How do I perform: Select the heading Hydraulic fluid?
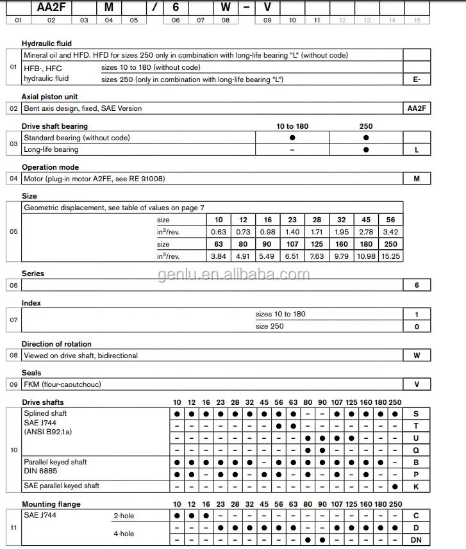[47, 44]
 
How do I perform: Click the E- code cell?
[417, 79]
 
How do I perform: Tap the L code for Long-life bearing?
[417, 149]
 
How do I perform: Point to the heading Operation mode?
[50, 167]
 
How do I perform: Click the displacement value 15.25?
[391, 256]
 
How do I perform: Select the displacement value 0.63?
[219, 231]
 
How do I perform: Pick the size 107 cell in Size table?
[292, 244]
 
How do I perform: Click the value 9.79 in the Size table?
[341, 256]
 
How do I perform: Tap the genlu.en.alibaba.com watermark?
[233, 275]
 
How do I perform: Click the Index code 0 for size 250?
[417, 326]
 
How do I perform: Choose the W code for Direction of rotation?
[417, 355]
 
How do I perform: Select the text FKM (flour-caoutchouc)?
[62, 384]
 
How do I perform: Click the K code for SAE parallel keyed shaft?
[417, 486]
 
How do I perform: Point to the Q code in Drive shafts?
[417, 450]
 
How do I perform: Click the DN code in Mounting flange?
[417, 540]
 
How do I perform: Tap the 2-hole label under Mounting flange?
[124, 516]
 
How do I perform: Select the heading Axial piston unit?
[50, 97]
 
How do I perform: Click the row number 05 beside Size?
[13, 232]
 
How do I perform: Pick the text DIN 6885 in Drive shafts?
[41, 471]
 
